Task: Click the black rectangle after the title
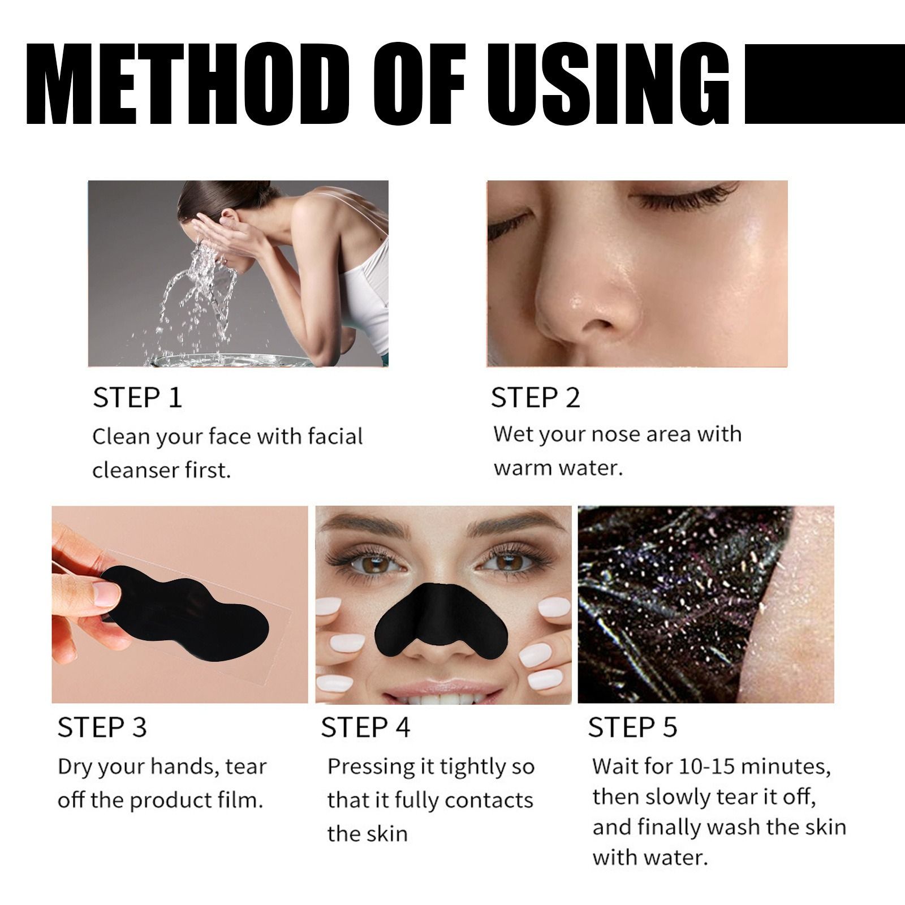(x=824, y=84)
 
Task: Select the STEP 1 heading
(x=137, y=398)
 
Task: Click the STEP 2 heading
(x=535, y=398)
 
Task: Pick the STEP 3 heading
(x=102, y=727)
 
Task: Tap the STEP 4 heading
(x=365, y=727)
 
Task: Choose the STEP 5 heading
(x=632, y=727)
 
